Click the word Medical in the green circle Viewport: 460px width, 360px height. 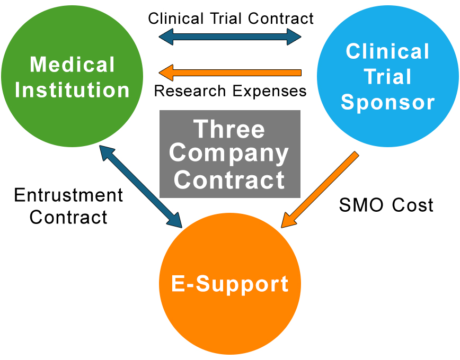[72, 65]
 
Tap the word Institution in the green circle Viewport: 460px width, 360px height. [72, 89]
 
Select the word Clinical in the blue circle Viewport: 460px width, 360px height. [387, 52]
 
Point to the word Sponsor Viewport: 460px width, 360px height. [387, 102]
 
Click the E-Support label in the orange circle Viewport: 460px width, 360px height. [230, 284]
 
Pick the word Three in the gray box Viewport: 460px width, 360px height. [229, 129]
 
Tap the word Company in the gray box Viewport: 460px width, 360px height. [229, 154]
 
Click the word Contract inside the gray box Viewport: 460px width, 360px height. [229, 179]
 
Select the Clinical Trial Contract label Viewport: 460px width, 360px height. [231, 19]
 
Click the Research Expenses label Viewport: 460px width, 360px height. [230, 91]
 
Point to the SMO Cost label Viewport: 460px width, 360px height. [386, 204]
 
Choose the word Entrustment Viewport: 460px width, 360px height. [68, 195]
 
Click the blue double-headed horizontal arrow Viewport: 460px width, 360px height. [230, 37]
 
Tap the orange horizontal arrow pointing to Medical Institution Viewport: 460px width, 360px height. [230, 72]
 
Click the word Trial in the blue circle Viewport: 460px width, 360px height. [387, 77]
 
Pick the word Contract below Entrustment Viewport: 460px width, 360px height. [68, 217]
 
